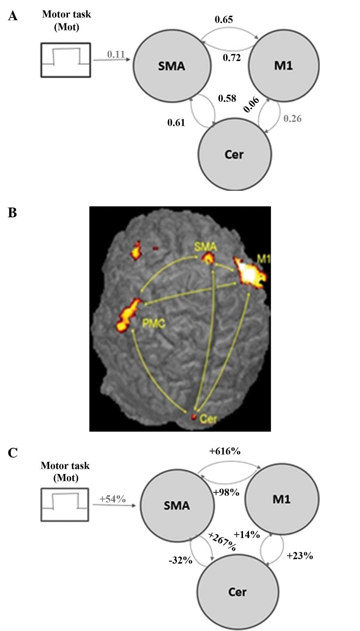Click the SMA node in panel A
pyautogui.click(x=172, y=65)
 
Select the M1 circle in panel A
pyautogui.click(x=283, y=65)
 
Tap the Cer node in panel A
pyautogui.click(x=234, y=154)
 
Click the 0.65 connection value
pyautogui.click(x=224, y=20)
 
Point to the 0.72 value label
pyautogui.click(x=232, y=57)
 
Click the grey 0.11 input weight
pyautogui.click(x=116, y=54)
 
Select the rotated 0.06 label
pyautogui.click(x=251, y=105)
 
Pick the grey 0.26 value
pyautogui.click(x=292, y=119)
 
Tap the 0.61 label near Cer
pyautogui.click(x=176, y=123)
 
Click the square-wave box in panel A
pyautogui.click(x=66, y=60)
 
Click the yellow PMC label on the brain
pyautogui.click(x=154, y=324)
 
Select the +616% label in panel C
pyautogui.click(x=225, y=451)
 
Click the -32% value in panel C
pyautogui.click(x=180, y=561)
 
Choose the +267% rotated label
pyautogui.click(x=222, y=542)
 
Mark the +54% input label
pyautogui.click(x=112, y=499)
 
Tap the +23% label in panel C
pyautogui.click(x=299, y=556)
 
